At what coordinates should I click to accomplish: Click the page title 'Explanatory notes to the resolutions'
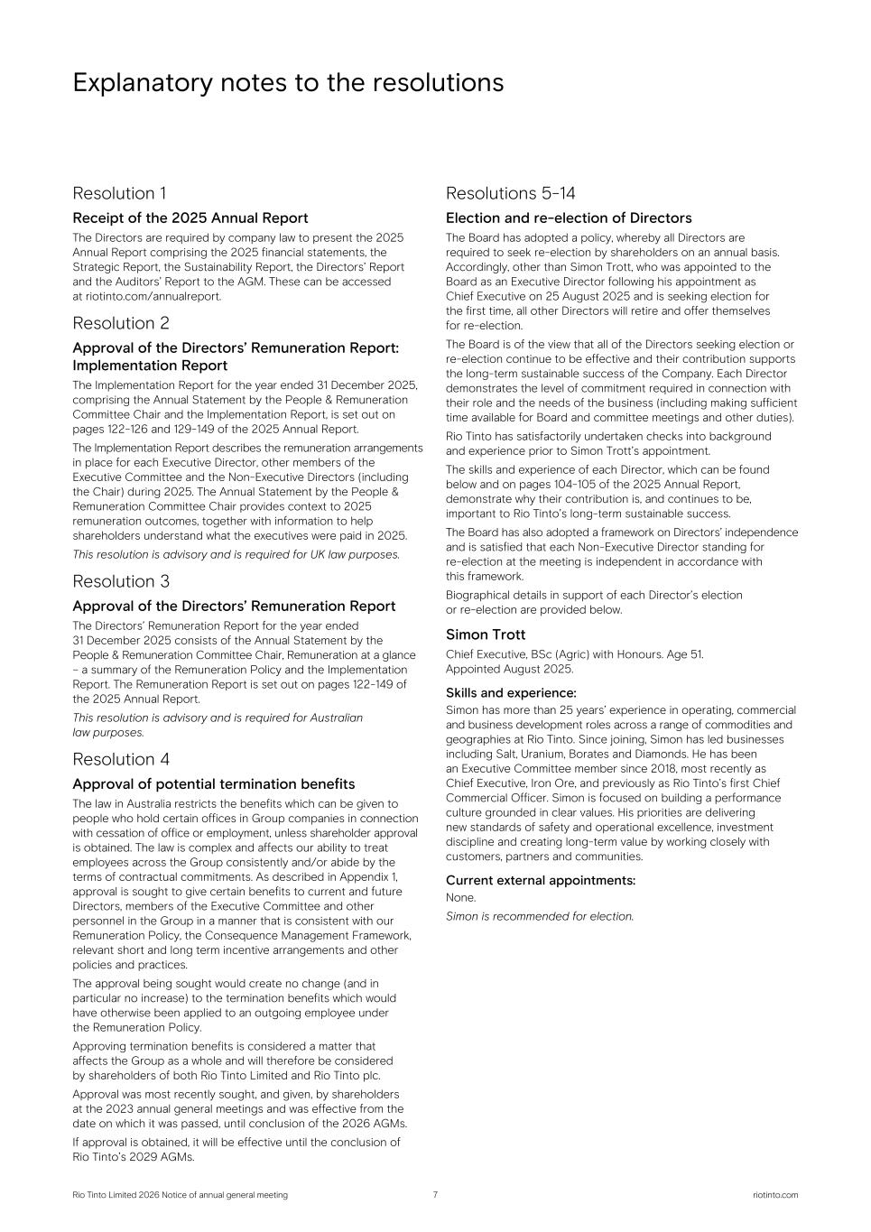point(288,83)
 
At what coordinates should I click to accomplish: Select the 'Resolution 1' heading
point(119,193)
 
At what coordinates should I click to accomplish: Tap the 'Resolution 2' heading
point(120,323)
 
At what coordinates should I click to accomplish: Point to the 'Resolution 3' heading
point(120,581)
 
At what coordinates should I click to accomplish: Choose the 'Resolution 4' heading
point(120,759)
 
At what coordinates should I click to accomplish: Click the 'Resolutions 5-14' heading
point(510,193)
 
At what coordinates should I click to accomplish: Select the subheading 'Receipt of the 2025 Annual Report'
point(190,218)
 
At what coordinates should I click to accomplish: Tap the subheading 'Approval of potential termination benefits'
point(213,784)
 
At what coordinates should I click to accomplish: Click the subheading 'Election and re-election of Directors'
point(569,218)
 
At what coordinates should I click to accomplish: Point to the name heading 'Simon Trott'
point(485,635)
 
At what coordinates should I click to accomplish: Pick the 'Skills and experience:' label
point(510,693)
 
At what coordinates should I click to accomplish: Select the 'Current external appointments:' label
point(541,880)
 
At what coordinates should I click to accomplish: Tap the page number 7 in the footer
point(435,1195)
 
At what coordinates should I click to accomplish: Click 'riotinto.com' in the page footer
point(774,1195)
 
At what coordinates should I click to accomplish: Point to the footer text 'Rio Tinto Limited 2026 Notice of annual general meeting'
point(180,1195)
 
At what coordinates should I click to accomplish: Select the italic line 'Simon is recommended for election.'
point(540,916)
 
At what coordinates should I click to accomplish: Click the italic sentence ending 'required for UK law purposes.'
point(236,554)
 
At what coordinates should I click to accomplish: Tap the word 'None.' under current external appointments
point(460,898)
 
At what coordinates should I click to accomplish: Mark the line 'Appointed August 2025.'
point(509,669)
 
